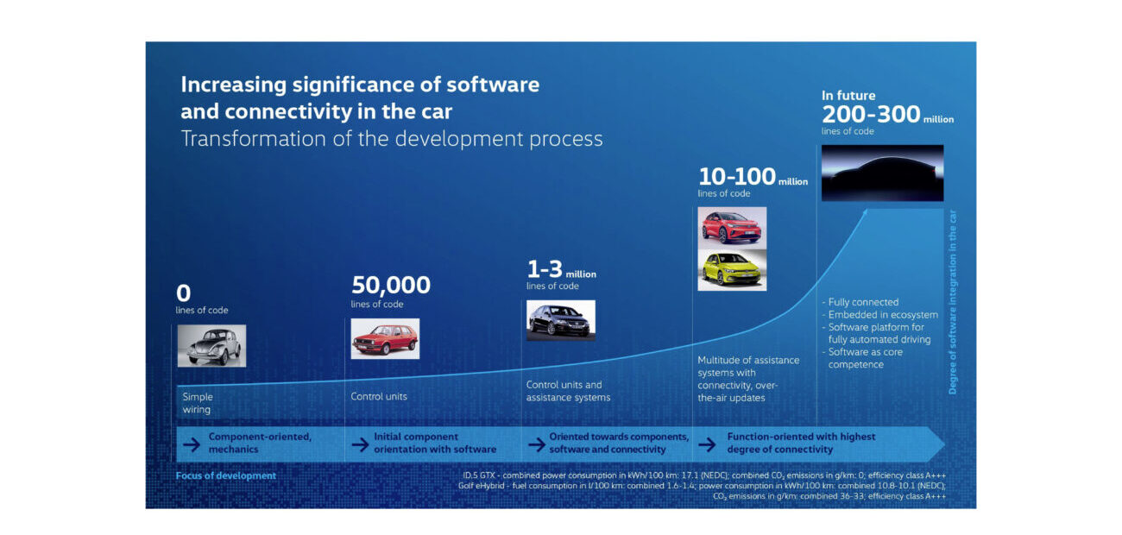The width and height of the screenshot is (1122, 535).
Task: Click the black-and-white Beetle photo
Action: [211, 345]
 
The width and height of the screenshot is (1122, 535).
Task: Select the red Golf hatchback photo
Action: [385, 338]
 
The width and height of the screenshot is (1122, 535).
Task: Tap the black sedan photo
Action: [561, 320]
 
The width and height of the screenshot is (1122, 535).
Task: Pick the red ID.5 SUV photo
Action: [731, 226]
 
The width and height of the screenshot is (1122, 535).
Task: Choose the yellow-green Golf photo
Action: [731, 270]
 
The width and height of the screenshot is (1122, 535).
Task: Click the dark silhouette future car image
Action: [882, 173]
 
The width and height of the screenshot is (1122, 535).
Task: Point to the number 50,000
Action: [390, 285]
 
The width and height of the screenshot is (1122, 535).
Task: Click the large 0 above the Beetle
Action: [183, 293]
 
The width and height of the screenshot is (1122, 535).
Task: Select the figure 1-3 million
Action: [561, 269]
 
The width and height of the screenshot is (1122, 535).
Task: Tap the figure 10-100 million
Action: [753, 177]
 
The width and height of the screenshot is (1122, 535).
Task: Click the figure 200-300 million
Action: [886, 115]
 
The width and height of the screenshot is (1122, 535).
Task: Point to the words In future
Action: [848, 96]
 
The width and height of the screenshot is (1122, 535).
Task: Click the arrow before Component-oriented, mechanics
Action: [188, 443]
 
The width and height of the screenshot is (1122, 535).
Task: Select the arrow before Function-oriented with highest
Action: [707, 443]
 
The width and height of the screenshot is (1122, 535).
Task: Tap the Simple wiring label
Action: [197, 403]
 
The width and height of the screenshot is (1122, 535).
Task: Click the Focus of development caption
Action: [226, 475]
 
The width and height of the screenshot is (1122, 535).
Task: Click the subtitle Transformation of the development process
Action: [391, 139]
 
